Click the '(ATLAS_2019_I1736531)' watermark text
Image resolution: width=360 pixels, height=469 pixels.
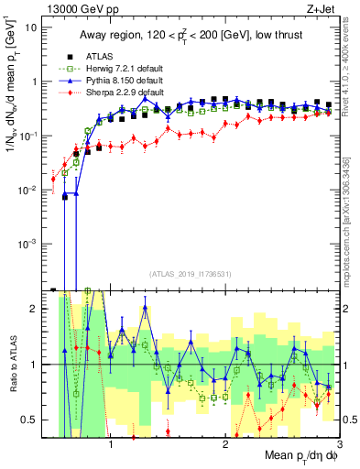point(190,274)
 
